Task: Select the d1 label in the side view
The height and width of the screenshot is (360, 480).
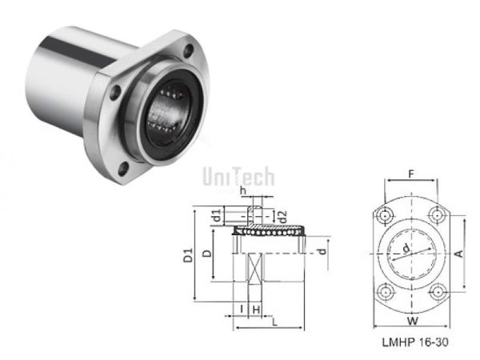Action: coord(217,215)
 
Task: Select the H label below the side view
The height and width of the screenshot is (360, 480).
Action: coord(255,309)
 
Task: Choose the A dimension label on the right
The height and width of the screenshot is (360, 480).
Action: coord(460,253)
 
